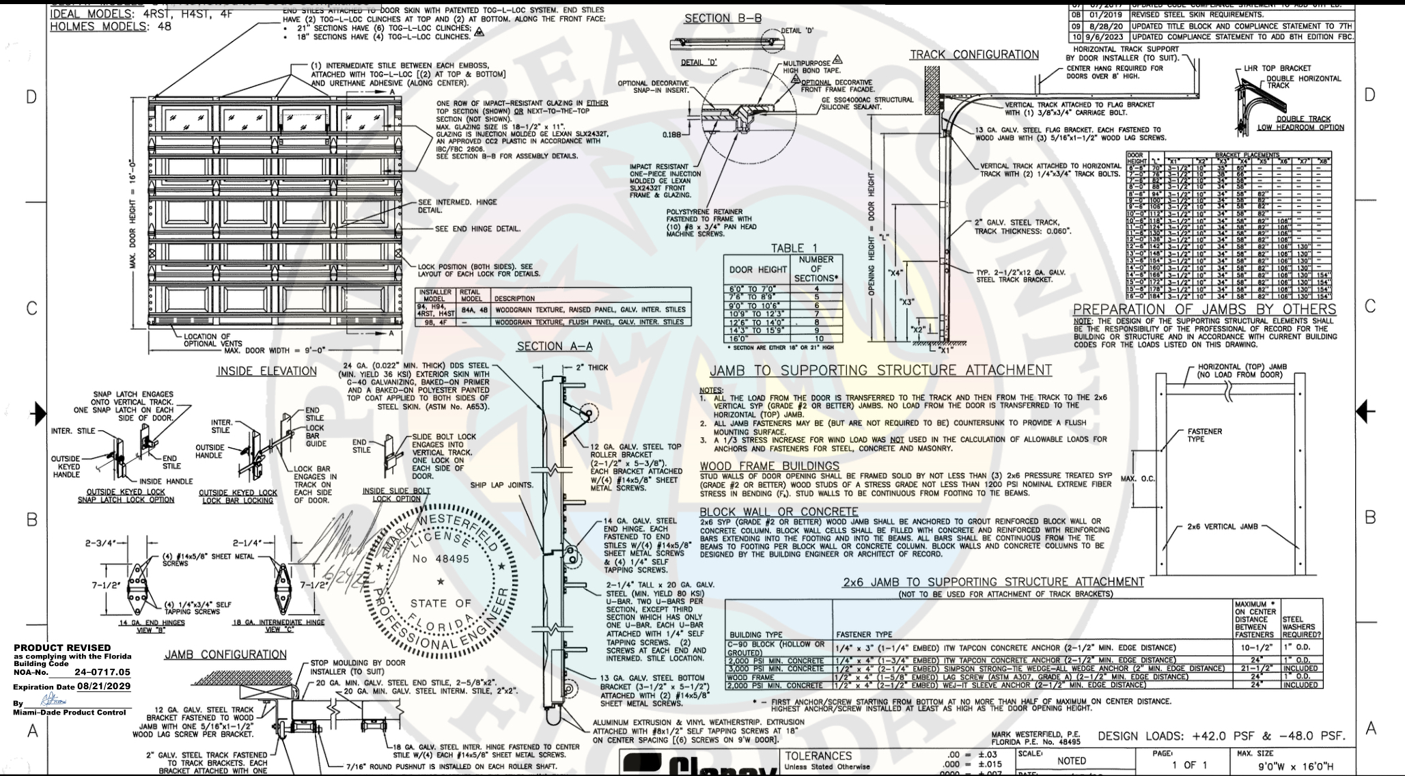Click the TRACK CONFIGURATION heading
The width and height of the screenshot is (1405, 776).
tap(974, 55)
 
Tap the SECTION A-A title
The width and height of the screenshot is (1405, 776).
tap(555, 346)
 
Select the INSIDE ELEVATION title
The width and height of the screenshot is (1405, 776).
tap(267, 371)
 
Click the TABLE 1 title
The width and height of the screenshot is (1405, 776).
tap(792, 248)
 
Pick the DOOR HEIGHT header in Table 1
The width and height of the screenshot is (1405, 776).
tap(758, 270)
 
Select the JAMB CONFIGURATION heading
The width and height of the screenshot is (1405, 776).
tap(225, 654)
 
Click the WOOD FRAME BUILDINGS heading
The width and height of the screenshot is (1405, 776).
tap(769, 467)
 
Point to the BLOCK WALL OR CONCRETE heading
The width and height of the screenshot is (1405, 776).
tap(779, 512)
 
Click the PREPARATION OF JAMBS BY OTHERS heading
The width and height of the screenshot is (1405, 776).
tap(1204, 309)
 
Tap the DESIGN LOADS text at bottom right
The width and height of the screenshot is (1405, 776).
tap(1221, 736)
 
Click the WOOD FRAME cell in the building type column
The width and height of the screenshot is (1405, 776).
tap(747, 677)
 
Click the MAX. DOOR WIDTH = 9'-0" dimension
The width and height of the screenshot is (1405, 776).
tap(276, 351)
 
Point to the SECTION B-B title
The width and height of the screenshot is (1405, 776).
tap(723, 18)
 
